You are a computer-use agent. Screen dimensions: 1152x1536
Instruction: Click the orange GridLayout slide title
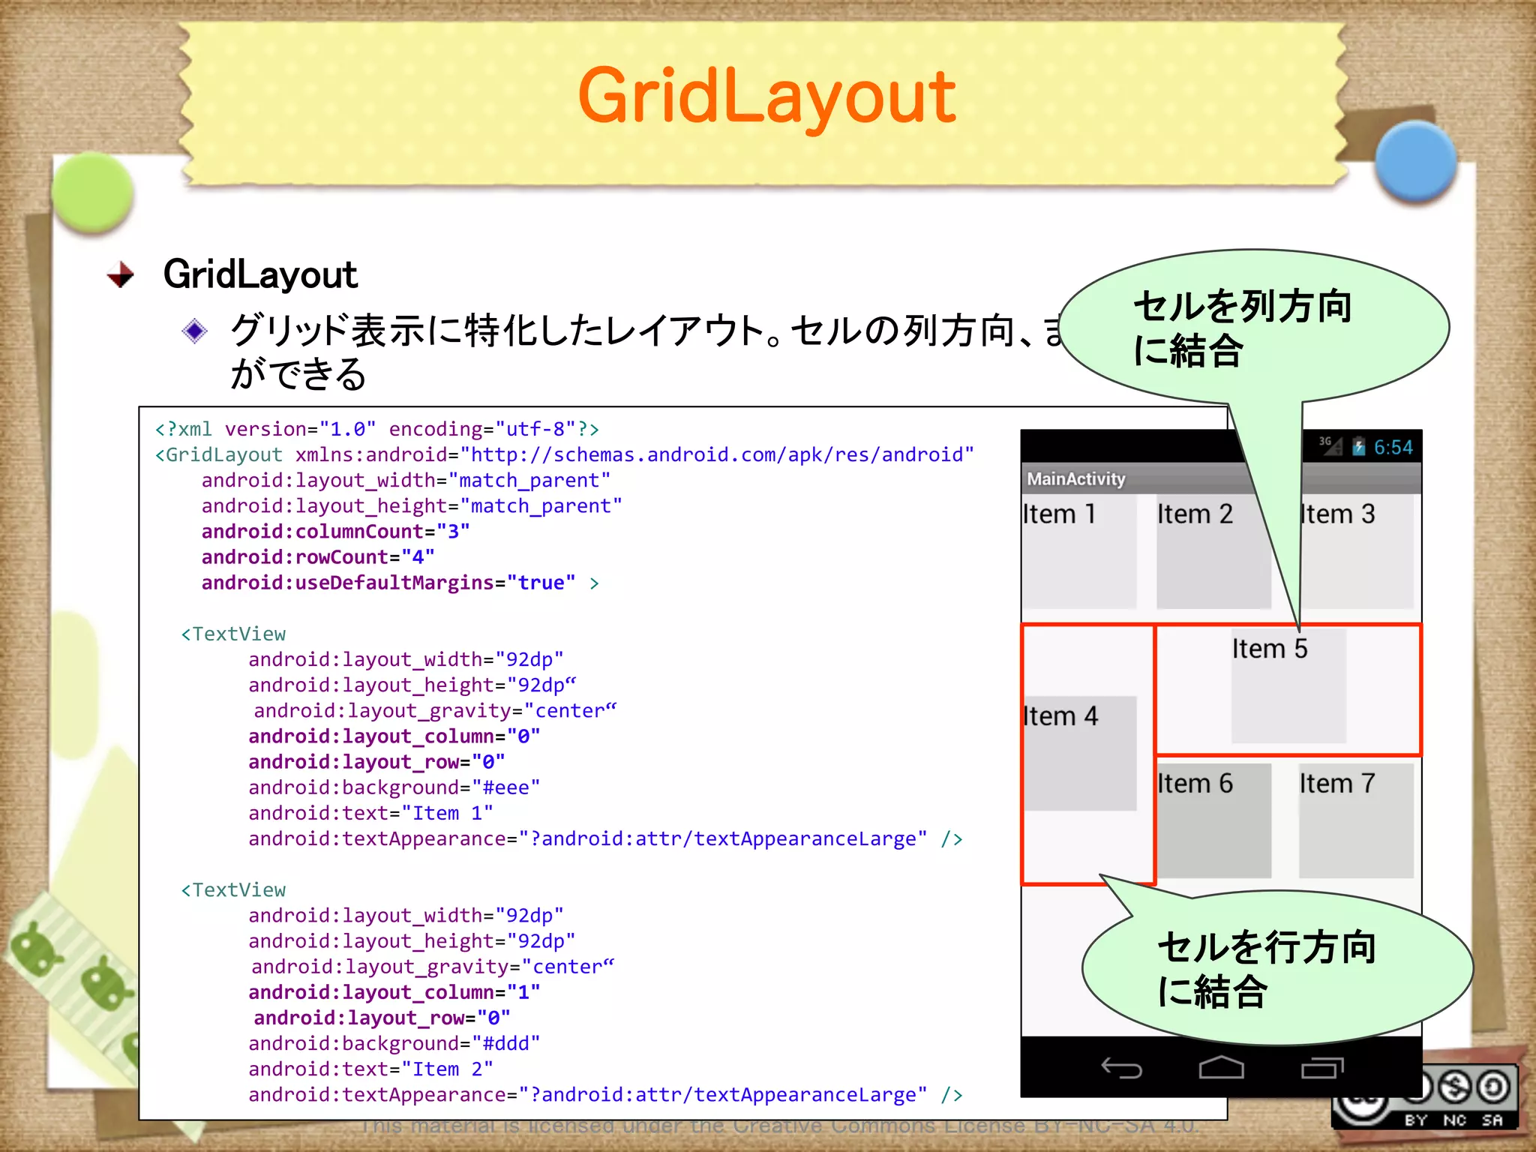766,97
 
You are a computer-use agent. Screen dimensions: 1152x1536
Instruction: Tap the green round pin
93,192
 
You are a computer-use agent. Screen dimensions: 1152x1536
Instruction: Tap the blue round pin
1416,162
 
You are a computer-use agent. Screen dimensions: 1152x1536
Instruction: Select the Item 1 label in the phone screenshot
1059,514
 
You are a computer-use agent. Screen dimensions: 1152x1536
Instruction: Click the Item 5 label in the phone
1269,649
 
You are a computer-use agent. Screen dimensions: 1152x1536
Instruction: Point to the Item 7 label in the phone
1336,784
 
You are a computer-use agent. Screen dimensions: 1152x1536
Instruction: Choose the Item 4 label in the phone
1060,716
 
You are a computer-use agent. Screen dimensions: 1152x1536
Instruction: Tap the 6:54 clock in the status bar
1393,448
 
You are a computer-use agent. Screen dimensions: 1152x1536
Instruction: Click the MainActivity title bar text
1075,479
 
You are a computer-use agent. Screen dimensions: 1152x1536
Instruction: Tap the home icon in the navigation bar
1221,1067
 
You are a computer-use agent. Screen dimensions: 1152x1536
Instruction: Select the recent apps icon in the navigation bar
1321,1067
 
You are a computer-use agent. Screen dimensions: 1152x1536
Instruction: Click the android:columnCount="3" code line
335,532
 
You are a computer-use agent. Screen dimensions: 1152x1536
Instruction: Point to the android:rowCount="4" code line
317,557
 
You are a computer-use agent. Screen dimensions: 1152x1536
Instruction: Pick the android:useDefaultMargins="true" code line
388,583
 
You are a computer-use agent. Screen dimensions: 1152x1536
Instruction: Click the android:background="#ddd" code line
394,1043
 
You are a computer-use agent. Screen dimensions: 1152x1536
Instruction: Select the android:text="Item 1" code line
370,813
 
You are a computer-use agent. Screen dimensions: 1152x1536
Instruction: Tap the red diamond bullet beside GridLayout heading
121,274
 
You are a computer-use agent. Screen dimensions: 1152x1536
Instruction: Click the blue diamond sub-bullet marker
195,330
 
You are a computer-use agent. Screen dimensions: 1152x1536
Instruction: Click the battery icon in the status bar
1358,447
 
